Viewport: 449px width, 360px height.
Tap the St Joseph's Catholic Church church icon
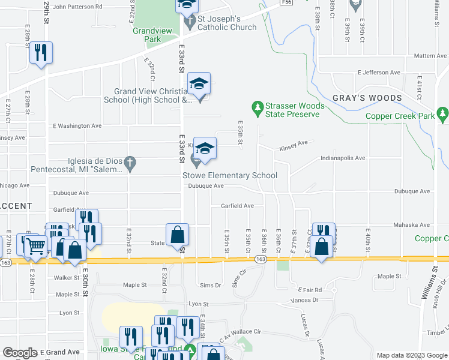[x=190, y=23]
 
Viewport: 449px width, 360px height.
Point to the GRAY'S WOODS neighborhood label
[x=367, y=98]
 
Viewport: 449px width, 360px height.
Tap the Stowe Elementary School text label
[x=230, y=175]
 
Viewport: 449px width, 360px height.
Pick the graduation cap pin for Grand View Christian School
[x=199, y=83]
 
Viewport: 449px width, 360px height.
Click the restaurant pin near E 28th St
[x=41, y=52]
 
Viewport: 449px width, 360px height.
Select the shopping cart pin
[x=35, y=244]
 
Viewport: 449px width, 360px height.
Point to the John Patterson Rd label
[x=77, y=7]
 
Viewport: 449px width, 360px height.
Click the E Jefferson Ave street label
[x=379, y=73]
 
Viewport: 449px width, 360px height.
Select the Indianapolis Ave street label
[x=343, y=158]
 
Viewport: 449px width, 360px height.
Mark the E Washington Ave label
[x=77, y=126]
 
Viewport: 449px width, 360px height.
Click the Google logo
[x=20, y=353]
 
